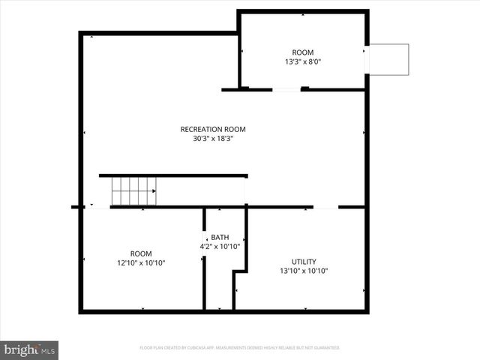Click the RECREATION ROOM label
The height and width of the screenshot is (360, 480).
[213, 129]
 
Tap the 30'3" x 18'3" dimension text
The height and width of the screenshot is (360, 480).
[213, 139]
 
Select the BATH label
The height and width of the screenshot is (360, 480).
[220, 237]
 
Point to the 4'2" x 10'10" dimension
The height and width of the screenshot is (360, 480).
[220, 247]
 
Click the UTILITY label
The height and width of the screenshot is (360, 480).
[304, 262]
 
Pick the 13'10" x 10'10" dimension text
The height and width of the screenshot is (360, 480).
[304, 271]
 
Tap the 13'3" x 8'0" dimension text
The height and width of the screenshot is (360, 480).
[303, 62]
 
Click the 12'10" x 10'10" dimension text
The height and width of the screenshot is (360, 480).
[141, 263]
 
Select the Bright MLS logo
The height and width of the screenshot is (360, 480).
[30, 349]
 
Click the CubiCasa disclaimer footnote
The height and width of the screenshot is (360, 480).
[240, 348]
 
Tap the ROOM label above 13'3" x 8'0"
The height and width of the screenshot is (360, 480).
[303, 52]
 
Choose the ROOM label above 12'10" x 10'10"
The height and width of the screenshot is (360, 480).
[141, 253]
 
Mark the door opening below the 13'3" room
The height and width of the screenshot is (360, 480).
[286, 90]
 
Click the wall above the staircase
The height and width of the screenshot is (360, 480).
[173, 175]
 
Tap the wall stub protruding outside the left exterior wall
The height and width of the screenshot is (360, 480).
[75, 207]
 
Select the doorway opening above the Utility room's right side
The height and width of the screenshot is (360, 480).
[325, 207]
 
